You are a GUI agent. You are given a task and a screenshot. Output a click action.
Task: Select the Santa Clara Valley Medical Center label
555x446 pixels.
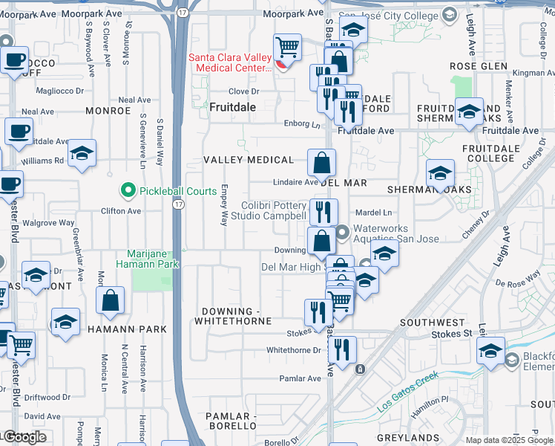(231, 62)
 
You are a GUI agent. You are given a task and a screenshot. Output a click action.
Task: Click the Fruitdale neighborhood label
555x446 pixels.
(232, 107)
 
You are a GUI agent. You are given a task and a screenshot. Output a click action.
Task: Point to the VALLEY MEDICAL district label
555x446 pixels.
(249, 160)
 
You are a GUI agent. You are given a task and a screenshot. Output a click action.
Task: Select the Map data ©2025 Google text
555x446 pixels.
(509, 440)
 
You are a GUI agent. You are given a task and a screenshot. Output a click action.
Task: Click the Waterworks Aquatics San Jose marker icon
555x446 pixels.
(342, 233)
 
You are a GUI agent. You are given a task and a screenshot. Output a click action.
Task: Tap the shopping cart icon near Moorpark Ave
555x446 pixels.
(287, 48)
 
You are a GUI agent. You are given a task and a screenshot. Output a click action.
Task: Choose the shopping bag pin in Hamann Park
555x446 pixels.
(111, 300)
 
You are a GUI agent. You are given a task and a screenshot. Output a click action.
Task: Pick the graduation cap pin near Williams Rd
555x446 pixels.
(82, 153)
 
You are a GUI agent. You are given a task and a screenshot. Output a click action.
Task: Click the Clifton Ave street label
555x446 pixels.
(121, 211)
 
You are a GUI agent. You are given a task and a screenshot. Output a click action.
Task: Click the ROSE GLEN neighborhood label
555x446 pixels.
(479, 66)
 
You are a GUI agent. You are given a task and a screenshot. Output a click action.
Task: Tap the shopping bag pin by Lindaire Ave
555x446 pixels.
(321, 162)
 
